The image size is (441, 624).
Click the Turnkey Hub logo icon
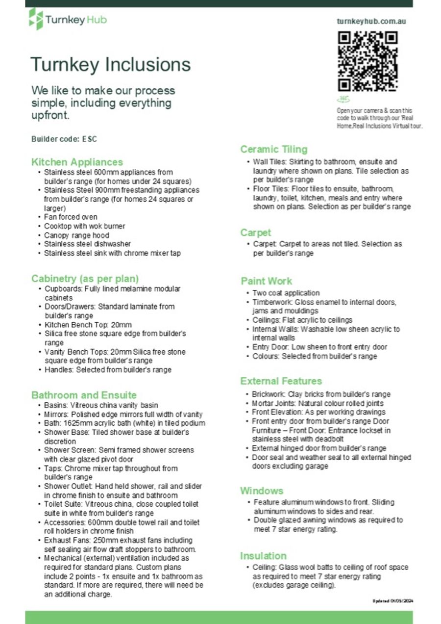36,19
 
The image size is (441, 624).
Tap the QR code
368,61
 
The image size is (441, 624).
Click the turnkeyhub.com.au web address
371,21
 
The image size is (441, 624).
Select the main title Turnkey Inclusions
110,64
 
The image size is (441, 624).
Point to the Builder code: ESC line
64,139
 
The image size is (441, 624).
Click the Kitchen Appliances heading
77,162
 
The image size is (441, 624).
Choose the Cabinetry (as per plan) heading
85,278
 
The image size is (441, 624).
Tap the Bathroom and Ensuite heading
84,395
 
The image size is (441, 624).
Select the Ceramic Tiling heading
273,150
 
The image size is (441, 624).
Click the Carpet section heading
255,233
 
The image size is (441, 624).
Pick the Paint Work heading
266,281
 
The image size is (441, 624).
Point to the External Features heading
281,381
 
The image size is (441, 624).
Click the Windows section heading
262,491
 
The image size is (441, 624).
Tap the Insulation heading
263,556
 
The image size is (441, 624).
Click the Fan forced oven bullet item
71,217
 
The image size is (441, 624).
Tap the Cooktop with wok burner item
84,226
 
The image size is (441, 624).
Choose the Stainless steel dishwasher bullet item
87,244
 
